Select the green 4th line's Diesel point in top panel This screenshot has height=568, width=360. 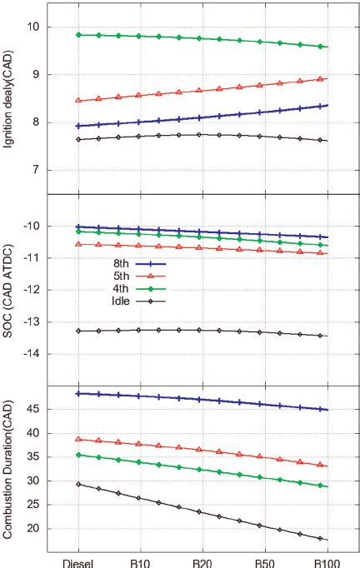pos(77,34)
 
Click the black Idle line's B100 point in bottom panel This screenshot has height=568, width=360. pos(327,540)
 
